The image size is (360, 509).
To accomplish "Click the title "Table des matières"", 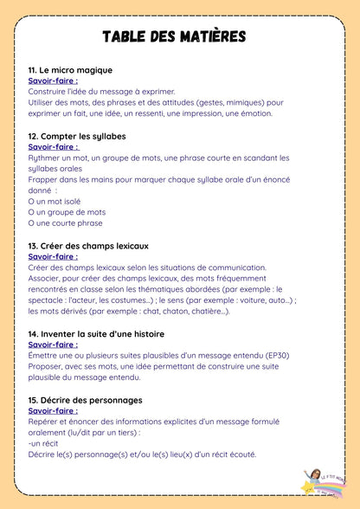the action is pos(174,36).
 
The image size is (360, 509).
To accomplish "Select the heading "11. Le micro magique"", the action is pos(70,70).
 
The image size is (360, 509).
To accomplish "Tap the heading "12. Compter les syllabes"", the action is pos(77,136).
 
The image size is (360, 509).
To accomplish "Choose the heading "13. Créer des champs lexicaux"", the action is pos(88,246).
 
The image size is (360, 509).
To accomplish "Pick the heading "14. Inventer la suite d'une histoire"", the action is pos(96,333).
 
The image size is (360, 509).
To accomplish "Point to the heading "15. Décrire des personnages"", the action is pos(85,400).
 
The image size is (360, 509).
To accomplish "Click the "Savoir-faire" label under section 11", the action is pos(53,81).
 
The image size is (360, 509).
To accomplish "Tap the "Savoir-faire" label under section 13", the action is pos(53,256).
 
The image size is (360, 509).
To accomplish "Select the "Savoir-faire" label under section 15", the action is pos(54,410).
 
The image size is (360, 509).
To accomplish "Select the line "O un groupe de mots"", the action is pos(67,212).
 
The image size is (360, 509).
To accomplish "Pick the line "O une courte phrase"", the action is pos(65,223).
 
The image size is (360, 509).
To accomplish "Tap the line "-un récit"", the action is pos(44,443).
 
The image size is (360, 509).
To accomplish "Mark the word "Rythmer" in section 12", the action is pos(45,158).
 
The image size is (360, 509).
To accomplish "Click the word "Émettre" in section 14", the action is pos(45,355).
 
